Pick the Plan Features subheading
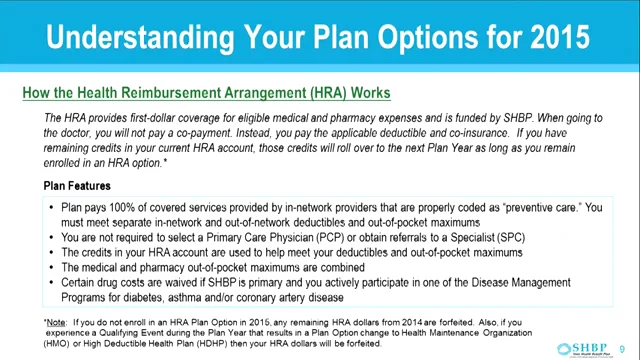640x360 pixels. pyautogui.click(x=77, y=186)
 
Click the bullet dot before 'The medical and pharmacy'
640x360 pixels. pyautogui.click(x=52, y=268)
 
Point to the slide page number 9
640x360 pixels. pyautogui.click(x=622, y=337)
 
